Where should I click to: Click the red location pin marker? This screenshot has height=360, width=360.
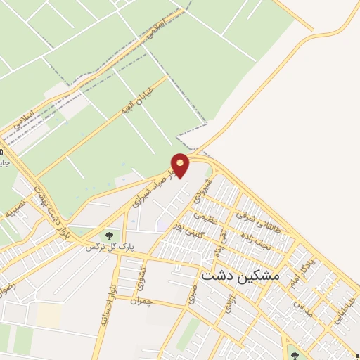pyautogui.click(x=181, y=165)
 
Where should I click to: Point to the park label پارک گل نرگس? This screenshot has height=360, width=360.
pyautogui.click(x=99, y=247)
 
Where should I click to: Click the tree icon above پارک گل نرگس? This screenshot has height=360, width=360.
pyautogui.click(x=109, y=235)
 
